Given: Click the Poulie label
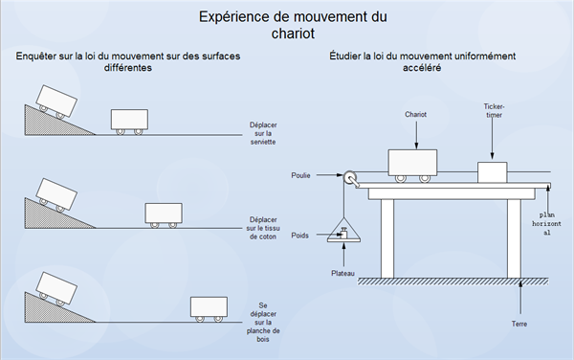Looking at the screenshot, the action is [300, 175].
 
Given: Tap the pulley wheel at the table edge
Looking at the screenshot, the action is [349, 178].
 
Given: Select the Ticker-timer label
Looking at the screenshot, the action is [494, 111].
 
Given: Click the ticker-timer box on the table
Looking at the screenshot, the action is [493, 172].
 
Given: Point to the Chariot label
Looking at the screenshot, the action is [415, 114].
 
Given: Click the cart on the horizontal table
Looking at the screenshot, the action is [412, 166].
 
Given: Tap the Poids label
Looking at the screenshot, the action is [299, 236].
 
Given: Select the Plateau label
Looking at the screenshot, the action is [342, 273].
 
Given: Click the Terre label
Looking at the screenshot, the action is [519, 324].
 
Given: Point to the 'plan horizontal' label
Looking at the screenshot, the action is [546, 223].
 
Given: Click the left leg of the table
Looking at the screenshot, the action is [387, 238].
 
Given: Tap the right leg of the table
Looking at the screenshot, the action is [514, 238].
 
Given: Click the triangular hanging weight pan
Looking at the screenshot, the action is [343, 231].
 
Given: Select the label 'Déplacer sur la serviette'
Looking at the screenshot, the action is [263, 133].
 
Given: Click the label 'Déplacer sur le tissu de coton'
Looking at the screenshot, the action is [263, 228].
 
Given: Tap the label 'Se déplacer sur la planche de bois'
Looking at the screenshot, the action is [263, 323].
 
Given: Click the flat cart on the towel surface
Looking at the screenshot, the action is [129, 122].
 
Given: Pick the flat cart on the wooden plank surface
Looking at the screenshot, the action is [209, 309].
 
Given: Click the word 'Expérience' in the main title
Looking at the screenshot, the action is [234, 17].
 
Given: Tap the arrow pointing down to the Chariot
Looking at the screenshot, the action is [416, 135].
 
